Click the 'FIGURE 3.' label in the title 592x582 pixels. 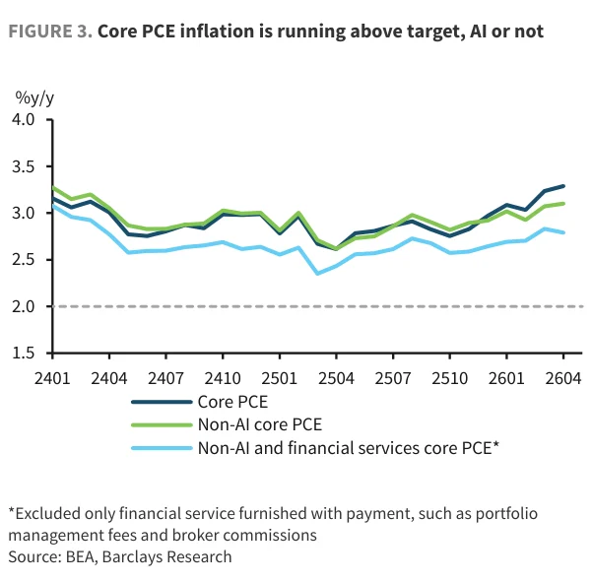tap(50, 32)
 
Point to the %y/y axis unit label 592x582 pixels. tap(34, 98)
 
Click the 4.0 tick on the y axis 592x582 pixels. tap(24, 119)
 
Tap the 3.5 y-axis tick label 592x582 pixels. tap(24, 166)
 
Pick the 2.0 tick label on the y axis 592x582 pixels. tap(24, 306)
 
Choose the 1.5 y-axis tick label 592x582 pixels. tap(24, 353)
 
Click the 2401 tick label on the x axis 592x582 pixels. tap(52, 378)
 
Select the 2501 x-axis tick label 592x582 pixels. tap(280, 378)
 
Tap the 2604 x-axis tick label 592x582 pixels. tap(563, 378)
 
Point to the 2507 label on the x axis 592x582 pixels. tap(393, 378)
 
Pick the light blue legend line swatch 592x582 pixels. tap(162, 448)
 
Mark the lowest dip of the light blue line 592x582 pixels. tap(317, 273)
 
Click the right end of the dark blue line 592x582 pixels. tap(563, 186)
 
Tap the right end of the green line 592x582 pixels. tap(563, 204)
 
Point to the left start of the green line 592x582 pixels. tap(53, 187)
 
